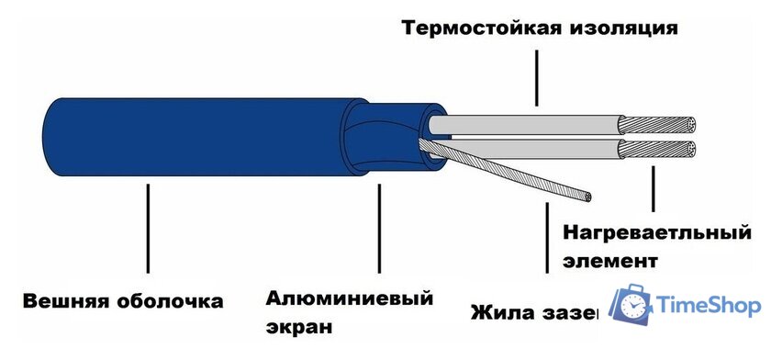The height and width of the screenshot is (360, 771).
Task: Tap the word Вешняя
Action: tap(65, 301)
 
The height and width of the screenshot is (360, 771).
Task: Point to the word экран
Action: tap(299, 326)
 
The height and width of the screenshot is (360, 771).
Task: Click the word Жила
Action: tap(501, 313)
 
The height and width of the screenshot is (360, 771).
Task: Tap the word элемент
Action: tap(611, 260)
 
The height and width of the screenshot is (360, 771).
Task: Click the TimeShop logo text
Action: tap(709, 307)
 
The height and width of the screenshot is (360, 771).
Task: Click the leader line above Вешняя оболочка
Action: tap(149, 230)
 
